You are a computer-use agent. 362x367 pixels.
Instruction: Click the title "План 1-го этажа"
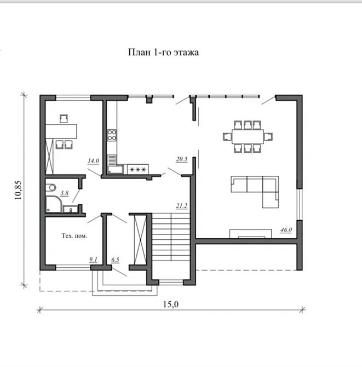click(x=163, y=52)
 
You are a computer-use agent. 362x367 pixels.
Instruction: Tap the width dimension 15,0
click(x=171, y=304)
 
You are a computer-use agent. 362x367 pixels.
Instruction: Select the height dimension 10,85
click(x=18, y=190)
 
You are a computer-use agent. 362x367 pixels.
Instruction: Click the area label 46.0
click(x=286, y=230)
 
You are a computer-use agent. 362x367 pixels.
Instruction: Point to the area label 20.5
click(x=182, y=159)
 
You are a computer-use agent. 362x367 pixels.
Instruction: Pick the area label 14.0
click(x=93, y=161)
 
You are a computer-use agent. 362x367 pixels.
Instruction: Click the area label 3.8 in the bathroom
click(x=65, y=193)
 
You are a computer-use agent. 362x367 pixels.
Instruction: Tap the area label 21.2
click(x=182, y=206)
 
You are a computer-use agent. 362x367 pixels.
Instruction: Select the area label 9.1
click(x=93, y=259)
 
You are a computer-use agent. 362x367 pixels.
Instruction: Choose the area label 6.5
click(x=115, y=260)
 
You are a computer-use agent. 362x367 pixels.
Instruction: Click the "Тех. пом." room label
click(x=74, y=236)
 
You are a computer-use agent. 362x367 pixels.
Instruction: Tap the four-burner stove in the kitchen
click(x=112, y=135)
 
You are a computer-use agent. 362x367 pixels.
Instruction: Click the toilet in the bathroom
click(x=51, y=187)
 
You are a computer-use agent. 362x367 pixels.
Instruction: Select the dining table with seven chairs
click(x=248, y=136)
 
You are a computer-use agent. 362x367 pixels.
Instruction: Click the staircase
click(x=171, y=237)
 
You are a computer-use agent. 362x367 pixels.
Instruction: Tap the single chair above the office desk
click(x=64, y=118)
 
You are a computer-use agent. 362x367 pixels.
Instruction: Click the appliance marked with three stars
click(x=137, y=169)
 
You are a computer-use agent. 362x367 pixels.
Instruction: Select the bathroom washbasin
click(x=71, y=209)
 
